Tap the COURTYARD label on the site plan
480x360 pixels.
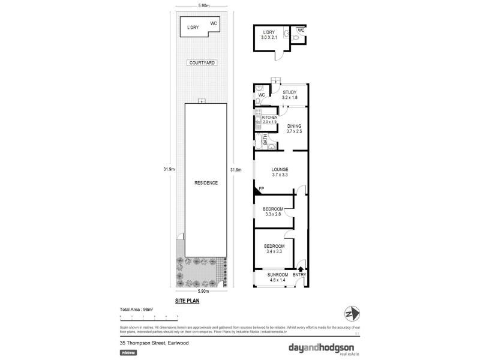[202, 62]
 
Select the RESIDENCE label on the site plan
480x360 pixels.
[205, 182]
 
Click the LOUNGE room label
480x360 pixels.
[280, 169]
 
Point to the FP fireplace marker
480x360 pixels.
[261, 189]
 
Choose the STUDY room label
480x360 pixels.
[290, 92]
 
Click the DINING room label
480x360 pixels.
[294, 126]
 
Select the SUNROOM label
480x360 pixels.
[278, 275]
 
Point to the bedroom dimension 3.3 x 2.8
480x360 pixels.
[273, 214]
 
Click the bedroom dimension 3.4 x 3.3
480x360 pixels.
[274, 251]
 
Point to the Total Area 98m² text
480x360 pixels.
[137, 309]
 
